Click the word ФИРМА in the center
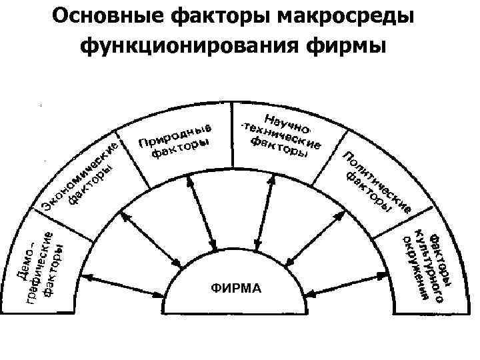[x=236, y=288]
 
